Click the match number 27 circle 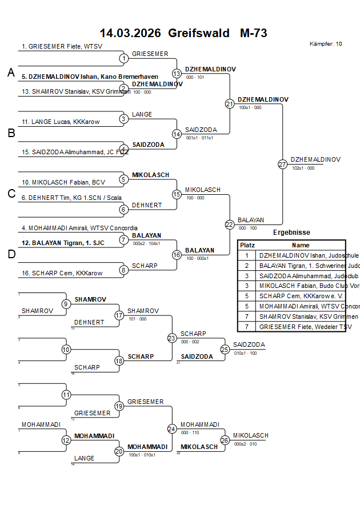point(282,165)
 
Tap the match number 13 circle point(177,74)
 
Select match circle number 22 point(230,225)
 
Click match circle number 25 point(225,349)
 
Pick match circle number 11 point(66,395)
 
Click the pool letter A point(11,73)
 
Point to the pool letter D point(11,254)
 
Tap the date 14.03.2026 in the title point(130,33)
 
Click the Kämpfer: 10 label point(326,44)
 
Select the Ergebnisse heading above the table point(291,233)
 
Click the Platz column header point(247,245)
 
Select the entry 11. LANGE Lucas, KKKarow point(54,122)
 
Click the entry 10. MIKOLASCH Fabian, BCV point(56,182)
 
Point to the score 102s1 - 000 point(303,169)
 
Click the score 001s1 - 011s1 point(199,138)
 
